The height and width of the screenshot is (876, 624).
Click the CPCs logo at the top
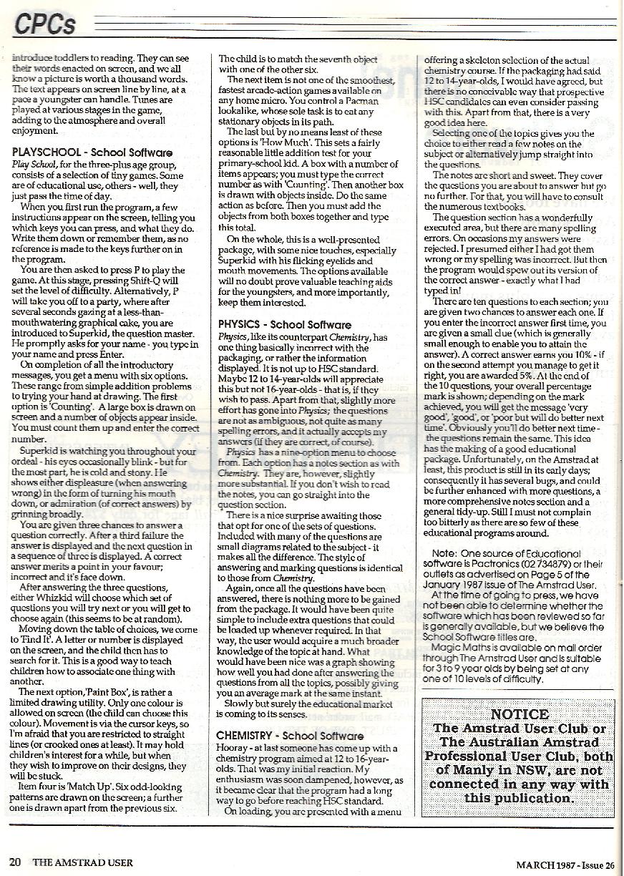[44, 25]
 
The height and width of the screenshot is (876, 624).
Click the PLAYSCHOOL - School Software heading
[92, 152]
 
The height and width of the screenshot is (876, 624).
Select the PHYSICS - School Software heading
[284, 324]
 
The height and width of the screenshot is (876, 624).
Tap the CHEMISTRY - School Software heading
[290, 735]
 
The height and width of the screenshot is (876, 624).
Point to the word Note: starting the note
[444, 553]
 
